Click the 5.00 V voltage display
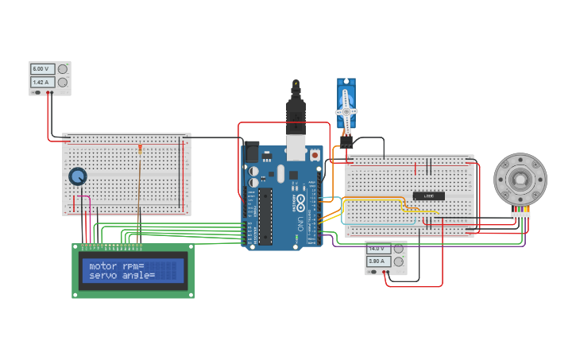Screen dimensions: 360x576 43,69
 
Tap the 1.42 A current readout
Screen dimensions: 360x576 43,82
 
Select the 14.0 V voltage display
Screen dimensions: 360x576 378,248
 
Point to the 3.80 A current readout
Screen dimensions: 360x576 378,261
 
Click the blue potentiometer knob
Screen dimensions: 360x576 78,176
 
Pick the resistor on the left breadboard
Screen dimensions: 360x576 141,149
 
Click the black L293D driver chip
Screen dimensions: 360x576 428,195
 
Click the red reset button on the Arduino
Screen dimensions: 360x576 315,155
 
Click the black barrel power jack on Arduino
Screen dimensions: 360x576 252,152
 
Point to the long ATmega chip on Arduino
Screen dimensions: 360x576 265,217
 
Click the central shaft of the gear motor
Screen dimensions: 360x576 520,179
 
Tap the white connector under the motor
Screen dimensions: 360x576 520,215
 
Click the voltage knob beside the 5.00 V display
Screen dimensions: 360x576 63,69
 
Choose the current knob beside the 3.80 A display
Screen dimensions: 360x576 398,261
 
